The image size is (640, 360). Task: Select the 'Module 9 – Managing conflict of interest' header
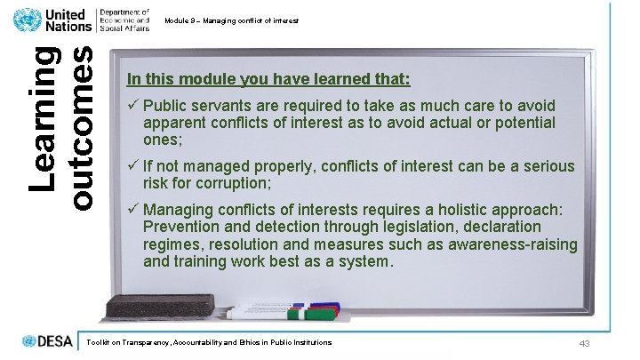pyautogui.click(x=231, y=20)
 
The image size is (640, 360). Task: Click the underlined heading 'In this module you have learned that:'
pyautogui.click(x=268, y=79)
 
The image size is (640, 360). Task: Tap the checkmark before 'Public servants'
pyautogui.click(x=132, y=106)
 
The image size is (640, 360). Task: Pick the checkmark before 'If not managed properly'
pyautogui.click(x=132, y=167)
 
